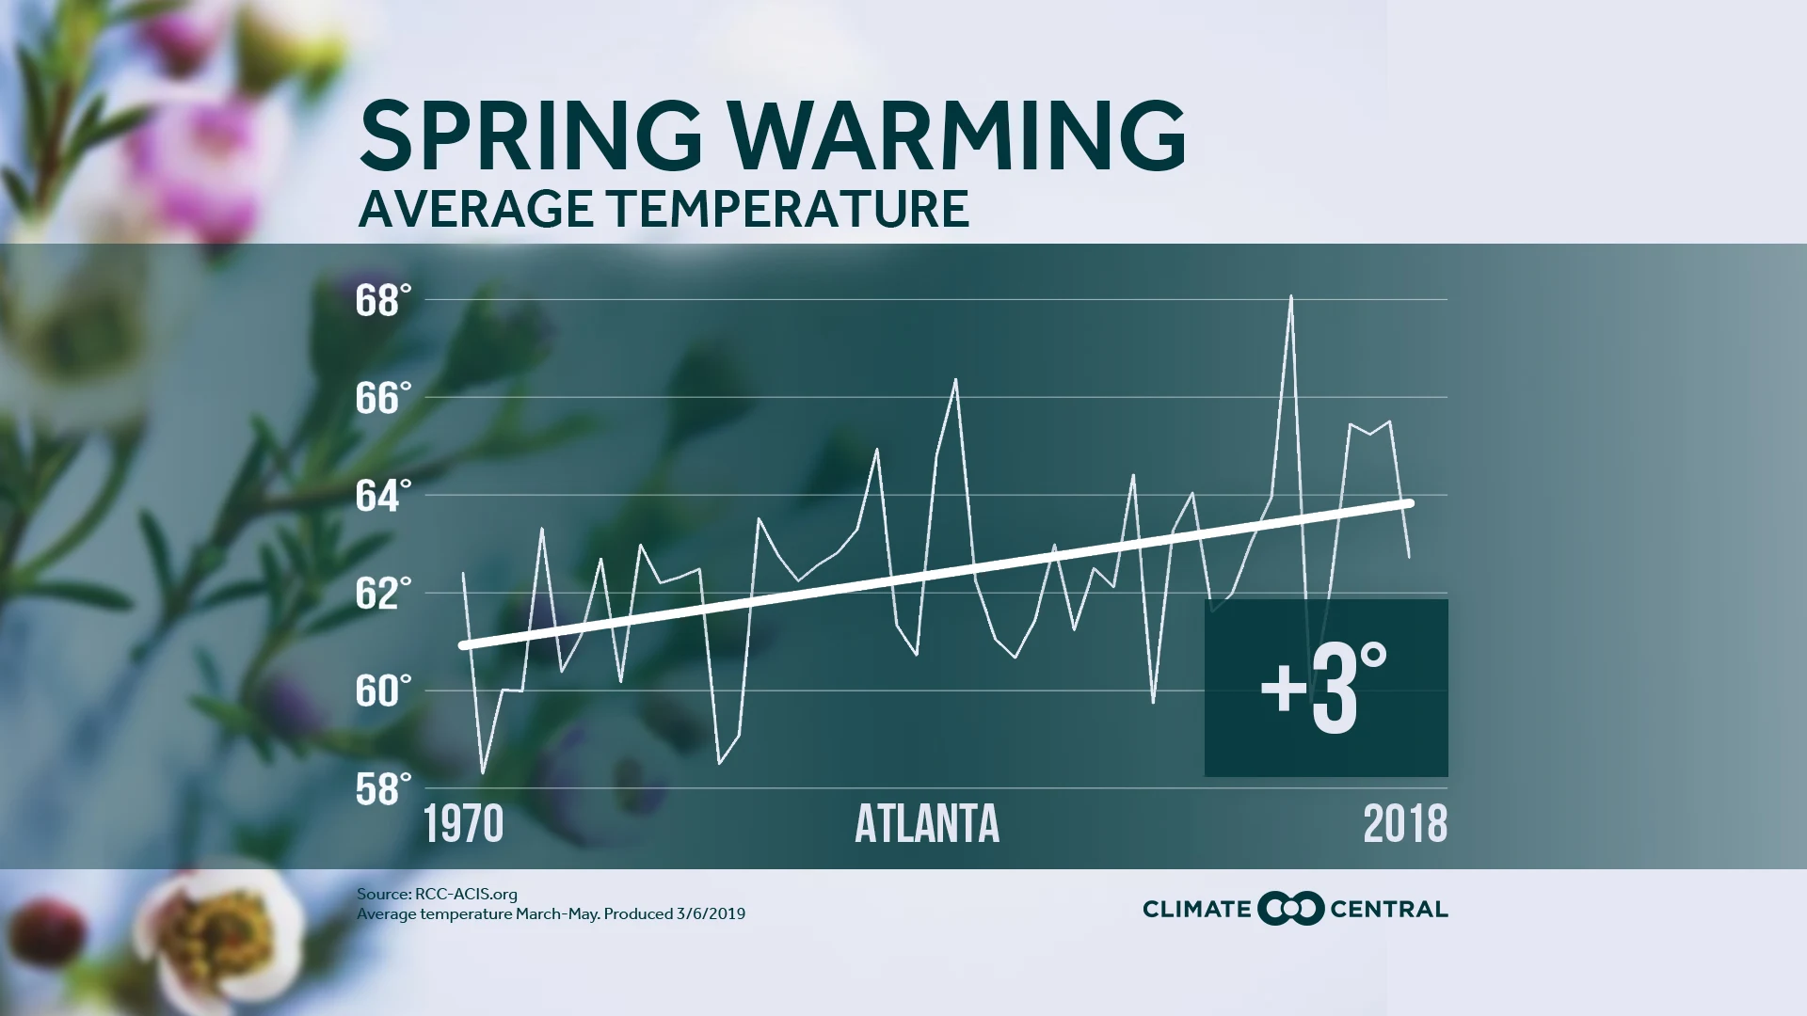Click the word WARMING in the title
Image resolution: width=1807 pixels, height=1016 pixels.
pyautogui.click(x=957, y=136)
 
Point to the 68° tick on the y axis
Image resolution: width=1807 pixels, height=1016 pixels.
pyautogui.click(x=383, y=301)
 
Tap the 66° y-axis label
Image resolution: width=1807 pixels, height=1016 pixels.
pyautogui.click(x=383, y=399)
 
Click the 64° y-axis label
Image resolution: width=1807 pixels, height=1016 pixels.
pyautogui.click(x=383, y=497)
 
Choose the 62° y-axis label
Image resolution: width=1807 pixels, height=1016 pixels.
pyautogui.click(x=383, y=595)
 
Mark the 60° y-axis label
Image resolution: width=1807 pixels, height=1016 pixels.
pyautogui.click(x=383, y=691)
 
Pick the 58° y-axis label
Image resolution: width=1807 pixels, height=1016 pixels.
pyautogui.click(x=383, y=789)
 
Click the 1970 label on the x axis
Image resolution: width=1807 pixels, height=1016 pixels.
pyautogui.click(x=463, y=825)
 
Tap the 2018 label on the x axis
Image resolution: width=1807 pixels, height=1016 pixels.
pyautogui.click(x=1405, y=825)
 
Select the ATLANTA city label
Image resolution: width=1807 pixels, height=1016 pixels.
pyautogui.click(x=926, y=825)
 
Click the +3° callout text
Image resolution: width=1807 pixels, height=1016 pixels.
pyautogui.click(x=1323, y=689)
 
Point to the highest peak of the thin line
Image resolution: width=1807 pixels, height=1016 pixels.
pyautogui.click(x=1290, y=297)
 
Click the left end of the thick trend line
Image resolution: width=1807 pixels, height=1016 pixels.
pyautogui.click(x=463, y=645)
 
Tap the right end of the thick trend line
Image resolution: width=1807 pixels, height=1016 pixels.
pyautogui.click(x=1410, y=503)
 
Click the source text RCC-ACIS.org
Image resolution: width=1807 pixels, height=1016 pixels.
pyautogui.click(x=466, y=895)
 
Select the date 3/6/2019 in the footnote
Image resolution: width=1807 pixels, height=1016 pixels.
pyautogui.click(x=710, y=913)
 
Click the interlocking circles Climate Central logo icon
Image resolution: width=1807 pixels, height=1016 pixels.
pyautogui.click(x=1290, y=909)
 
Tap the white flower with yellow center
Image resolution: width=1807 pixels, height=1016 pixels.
pyautogui.click(x=221, y=931)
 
